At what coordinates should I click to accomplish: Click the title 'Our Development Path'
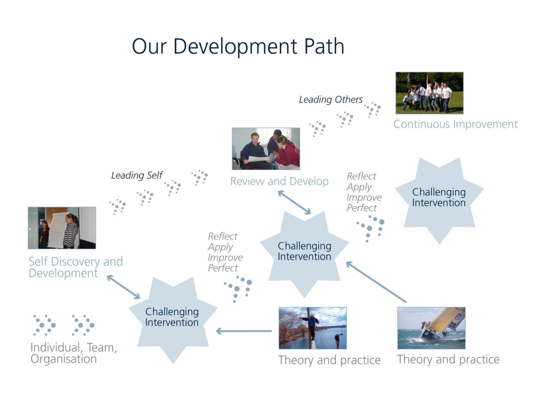point(238,46)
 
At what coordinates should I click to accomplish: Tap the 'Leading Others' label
point(331,99)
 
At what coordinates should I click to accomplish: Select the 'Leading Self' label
point(137,175)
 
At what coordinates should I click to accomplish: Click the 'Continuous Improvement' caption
point(455,124)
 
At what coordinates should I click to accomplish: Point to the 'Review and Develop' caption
point(279,181)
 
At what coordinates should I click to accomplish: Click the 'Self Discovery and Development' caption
point(76,267)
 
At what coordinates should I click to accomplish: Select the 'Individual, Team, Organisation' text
point(73,353)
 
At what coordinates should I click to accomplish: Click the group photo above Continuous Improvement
point(429,93)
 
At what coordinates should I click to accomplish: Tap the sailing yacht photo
point(431,328)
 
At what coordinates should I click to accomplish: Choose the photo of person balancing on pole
point(312,328)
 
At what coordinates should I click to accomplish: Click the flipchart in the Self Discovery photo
point(57,229)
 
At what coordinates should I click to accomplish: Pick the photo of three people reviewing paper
point(266,148)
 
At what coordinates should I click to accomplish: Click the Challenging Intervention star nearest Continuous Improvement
point(439,198)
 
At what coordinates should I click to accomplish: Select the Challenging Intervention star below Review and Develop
point(304,252)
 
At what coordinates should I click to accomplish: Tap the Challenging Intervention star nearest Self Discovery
point(172,317)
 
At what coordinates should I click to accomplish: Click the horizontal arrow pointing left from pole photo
point(244,331)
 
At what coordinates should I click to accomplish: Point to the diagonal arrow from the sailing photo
point(376,282)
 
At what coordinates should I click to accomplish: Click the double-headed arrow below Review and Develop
point(294,202)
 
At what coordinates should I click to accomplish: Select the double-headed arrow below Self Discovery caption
point(124,287)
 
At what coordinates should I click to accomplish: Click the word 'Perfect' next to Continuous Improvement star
point(362,208)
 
